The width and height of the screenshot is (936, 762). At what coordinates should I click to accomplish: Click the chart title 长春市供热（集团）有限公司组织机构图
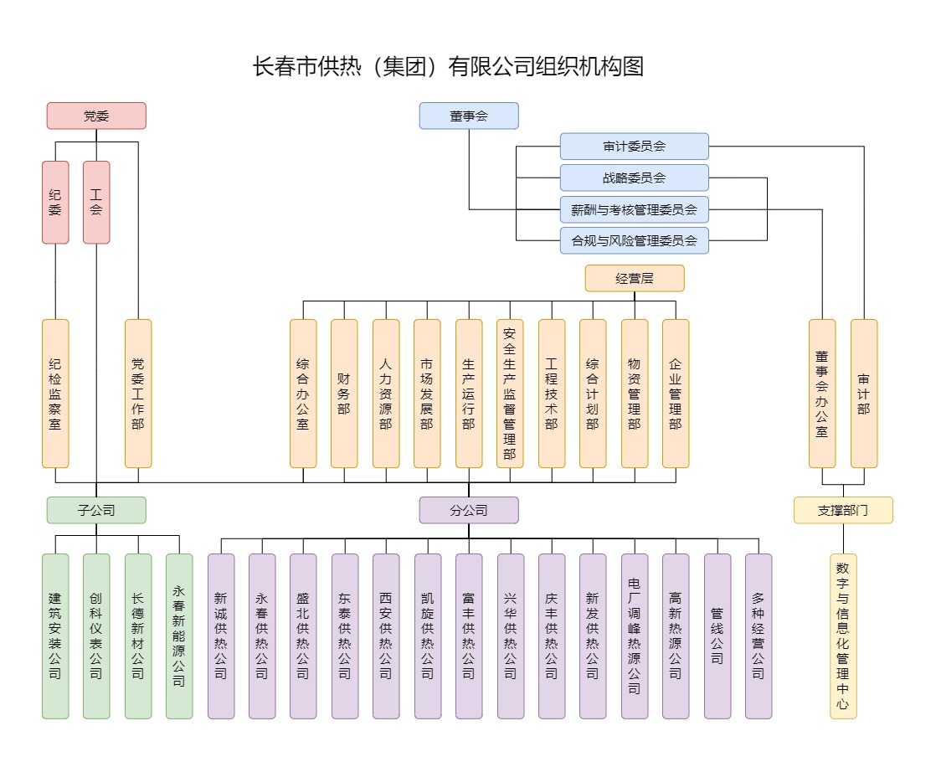click(448, 67)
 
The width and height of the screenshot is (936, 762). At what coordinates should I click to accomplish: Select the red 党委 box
click(96, 116)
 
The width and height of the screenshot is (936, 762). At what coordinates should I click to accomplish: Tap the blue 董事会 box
click(469, 116)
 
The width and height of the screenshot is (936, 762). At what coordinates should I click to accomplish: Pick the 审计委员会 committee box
click(634, 147)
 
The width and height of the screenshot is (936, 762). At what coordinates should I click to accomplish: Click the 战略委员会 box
click(634, 178)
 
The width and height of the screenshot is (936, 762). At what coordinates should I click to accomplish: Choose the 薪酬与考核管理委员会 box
click(634, 209)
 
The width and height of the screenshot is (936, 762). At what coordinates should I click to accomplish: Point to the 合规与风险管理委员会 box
click(634, 240)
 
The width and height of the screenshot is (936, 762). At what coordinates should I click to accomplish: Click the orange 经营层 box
click(634, 278)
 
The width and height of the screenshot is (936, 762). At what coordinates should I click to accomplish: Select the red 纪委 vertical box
click(55, 203)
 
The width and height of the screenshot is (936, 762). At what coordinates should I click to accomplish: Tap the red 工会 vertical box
click(96, 203)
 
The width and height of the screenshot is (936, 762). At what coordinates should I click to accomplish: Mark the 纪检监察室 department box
click(55, 394)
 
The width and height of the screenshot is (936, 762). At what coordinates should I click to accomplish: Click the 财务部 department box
click(344, 394)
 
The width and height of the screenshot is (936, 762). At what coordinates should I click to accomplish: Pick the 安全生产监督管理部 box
click(510, 394)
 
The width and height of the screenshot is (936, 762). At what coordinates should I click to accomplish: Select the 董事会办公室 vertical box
click(822, 394)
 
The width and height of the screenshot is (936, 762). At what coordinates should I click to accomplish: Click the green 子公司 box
click(96, 510)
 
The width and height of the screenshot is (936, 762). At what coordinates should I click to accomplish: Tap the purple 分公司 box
click(469, 510)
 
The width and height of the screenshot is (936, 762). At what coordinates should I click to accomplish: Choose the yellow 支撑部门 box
click(843, 510)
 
